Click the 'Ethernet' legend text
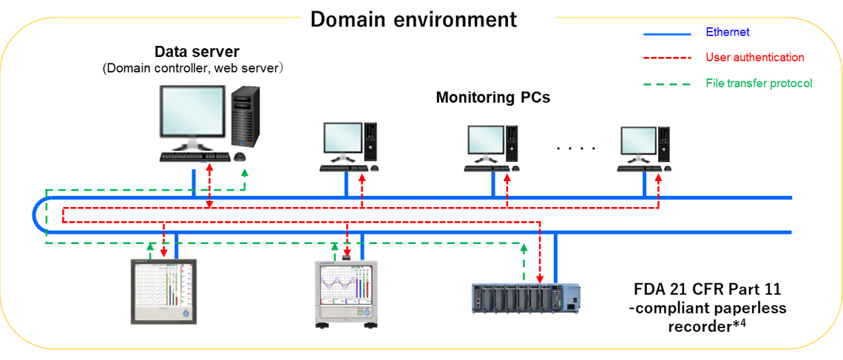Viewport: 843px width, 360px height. (x=728, y=32)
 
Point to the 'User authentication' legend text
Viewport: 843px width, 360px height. (x=755, y=57)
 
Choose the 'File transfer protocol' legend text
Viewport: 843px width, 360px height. (x=759, y=83)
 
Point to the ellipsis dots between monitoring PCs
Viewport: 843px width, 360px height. (x=576, y=149)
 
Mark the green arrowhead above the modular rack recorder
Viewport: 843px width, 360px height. (x=524, y=248)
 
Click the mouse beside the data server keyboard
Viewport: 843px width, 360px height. (x=240, y=157)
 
